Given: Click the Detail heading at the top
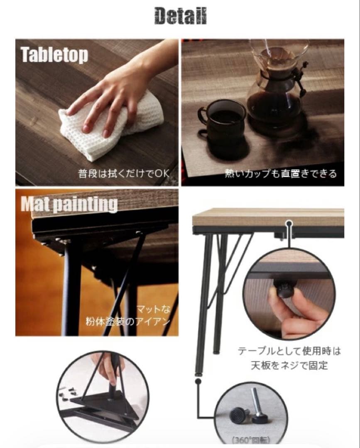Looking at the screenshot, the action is click(x=180, y=16).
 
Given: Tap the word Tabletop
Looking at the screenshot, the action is click(x=54, y=55).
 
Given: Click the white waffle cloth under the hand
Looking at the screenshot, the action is click(x=109, y=126).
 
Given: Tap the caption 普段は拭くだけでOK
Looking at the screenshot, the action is click(x=123, y=173).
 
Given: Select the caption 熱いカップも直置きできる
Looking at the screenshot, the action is click(x=281, y=173).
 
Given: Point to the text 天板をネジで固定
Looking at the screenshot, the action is click(x=289, y=365).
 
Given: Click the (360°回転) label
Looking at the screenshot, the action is click(x=250, y=440).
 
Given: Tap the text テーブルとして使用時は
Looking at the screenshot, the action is click(x=289, y=351).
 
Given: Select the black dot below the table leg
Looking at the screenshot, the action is click(x=198, y=381).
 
